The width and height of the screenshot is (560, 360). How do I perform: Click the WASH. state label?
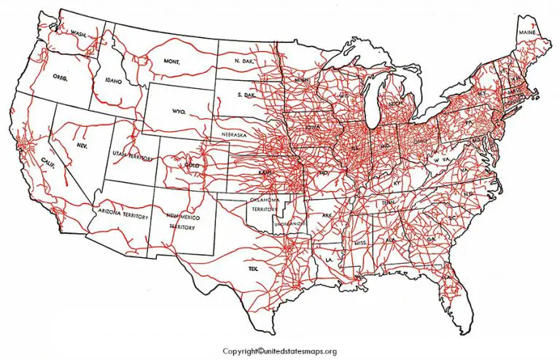tap(79, 34)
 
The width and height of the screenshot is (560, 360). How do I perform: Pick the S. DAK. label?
tap(249, 95)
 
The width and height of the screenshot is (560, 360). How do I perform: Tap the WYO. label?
tap(178, 111)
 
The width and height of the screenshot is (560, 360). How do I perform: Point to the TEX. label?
tap(253, 269)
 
